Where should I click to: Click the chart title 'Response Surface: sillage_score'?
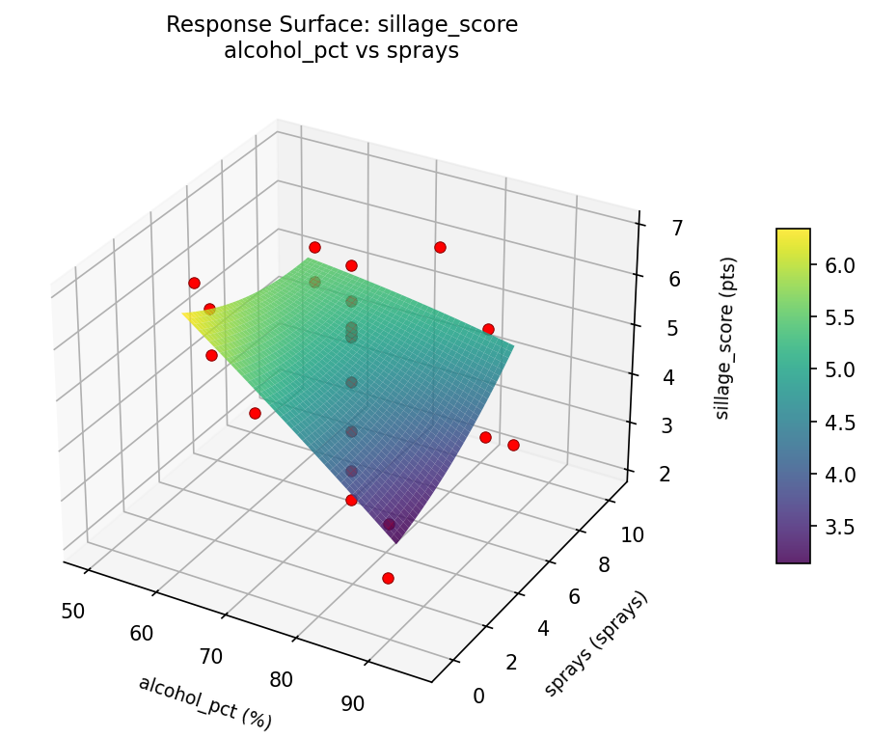[341, 25]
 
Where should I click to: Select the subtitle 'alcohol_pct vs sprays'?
[341, 51]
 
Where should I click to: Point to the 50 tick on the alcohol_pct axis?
[72, 610]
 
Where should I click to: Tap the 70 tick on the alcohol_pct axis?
[211, 657]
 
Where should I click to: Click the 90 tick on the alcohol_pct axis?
[353, 703]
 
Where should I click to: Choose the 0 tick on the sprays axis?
[479, 696]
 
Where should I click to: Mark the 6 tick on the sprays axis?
[574, 597]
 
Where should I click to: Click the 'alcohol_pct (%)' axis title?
[204, 702]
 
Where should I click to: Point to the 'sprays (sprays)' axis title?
[595, 642]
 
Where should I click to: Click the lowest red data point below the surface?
[388, 578]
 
